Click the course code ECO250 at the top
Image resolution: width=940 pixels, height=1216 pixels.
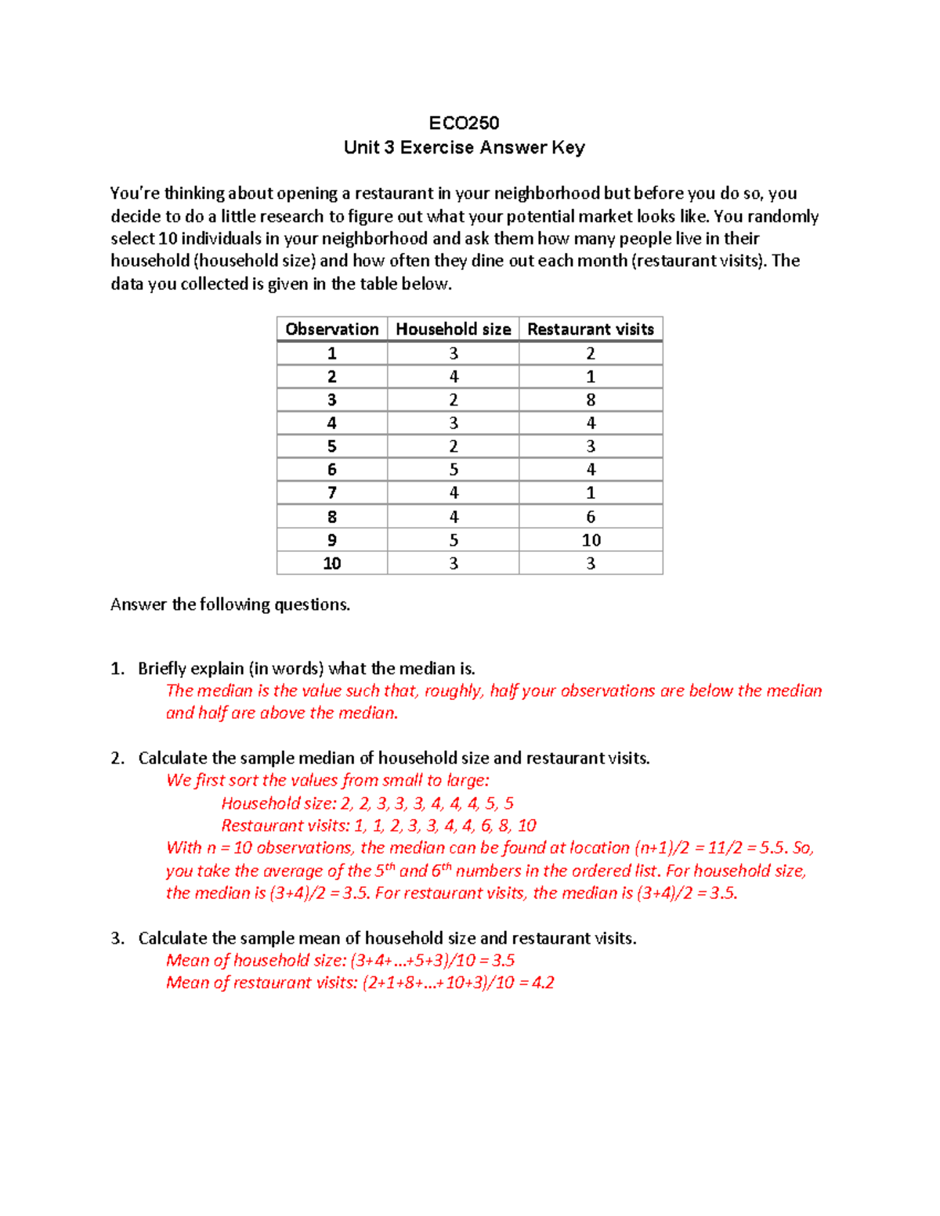click(x=464, y=123)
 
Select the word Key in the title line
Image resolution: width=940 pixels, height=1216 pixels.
click(x=568, y=147)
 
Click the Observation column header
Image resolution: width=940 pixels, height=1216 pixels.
click(x=331, y=329)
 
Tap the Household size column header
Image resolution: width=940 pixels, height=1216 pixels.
click(x=453, y=329)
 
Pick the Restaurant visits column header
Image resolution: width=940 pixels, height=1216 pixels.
click(x=590, y=329)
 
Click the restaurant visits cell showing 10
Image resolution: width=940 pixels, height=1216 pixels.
click(x=591, y=540)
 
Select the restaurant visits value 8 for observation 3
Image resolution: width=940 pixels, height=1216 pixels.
click(x=591, y=400)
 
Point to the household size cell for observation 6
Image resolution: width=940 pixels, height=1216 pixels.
click(x=453, y=470)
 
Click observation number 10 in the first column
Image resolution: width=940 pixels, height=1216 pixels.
click(x=331, y=564)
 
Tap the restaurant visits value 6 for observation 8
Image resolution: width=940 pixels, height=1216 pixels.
click(x=591, y=517)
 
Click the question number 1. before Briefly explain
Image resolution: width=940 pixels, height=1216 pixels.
click(x=117, y=669)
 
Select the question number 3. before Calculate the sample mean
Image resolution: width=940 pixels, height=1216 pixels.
click(x=117, y=938)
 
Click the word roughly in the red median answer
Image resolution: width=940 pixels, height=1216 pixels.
click(x=454, y=691)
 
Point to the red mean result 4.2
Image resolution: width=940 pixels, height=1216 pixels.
click(x=543, y=983)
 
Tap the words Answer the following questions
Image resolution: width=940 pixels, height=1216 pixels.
click(x=230, y=604)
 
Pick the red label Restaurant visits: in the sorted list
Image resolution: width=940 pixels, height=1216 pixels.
click(x=285, y=825)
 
